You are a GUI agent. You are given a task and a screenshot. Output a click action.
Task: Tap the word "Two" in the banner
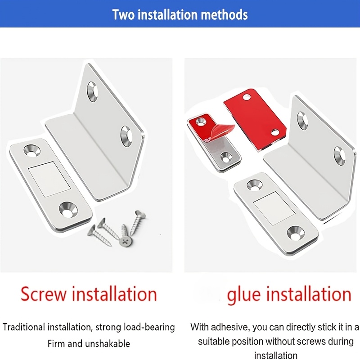pos(123,15)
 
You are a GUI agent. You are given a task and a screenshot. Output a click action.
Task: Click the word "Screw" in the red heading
pos(44,294)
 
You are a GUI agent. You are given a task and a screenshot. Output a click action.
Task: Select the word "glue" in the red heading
pos(244,295)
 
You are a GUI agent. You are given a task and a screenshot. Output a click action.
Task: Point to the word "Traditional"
pos(24,327)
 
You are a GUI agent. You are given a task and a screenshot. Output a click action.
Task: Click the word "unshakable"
pos(108,344)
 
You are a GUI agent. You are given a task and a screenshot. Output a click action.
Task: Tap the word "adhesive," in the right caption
pos(230,327)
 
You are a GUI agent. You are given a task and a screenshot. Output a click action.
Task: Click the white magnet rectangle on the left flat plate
pos(49,179)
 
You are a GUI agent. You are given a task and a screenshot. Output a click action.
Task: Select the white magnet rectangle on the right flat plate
pos(274,208)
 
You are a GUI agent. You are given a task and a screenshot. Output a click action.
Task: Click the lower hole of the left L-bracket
pos(126,136)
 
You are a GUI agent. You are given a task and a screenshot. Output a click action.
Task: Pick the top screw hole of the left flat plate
pos(32,151)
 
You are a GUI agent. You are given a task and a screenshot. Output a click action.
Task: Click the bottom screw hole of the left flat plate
pos(68,210)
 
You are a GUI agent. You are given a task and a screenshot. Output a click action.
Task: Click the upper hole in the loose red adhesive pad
pos(247,97)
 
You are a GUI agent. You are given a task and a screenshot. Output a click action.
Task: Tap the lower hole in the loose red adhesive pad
pos(274,132)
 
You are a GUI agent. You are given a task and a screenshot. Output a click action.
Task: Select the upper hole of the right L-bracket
pos(302,120)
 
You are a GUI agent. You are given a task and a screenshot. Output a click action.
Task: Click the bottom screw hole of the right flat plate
pos(296,234)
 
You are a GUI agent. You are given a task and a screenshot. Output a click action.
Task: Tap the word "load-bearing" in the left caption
pos(149,328)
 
